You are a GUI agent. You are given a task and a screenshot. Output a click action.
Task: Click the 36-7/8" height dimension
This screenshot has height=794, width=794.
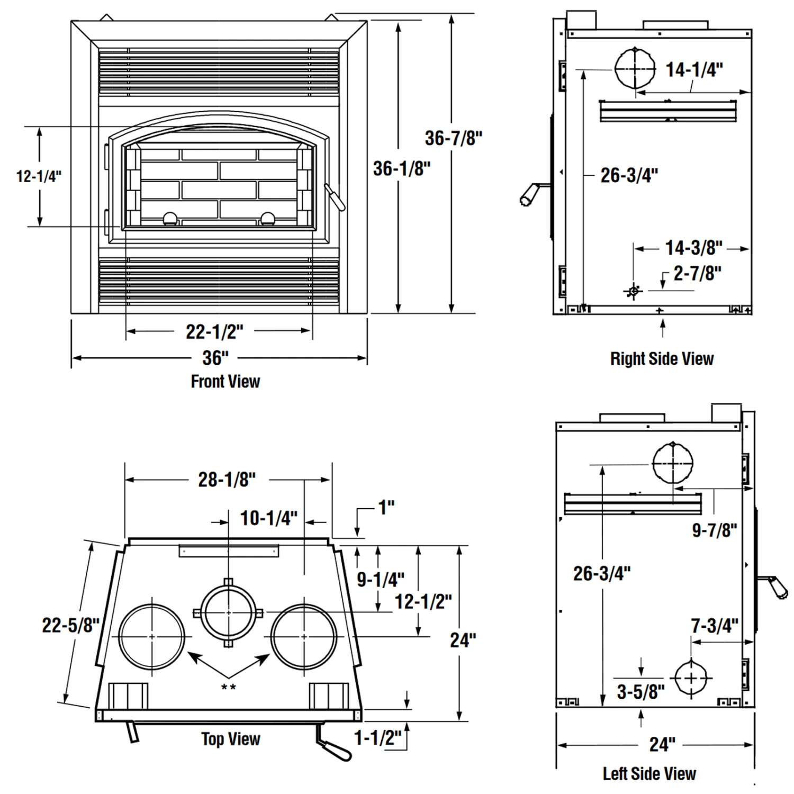tap(454, 138)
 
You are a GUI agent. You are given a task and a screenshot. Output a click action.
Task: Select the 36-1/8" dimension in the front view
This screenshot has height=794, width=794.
tap(402, 169)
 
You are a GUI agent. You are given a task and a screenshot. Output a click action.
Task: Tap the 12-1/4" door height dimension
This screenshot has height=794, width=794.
tap(39, 176)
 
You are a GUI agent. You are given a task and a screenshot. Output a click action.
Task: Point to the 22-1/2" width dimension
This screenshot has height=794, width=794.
tap(214, 332)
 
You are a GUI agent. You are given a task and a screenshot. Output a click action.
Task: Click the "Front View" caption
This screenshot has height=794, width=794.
tap(225, 381)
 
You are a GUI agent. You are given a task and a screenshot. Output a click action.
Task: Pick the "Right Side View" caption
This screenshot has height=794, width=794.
tap(662, 359)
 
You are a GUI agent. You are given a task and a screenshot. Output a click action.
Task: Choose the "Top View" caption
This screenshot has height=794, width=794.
tap(231, 739)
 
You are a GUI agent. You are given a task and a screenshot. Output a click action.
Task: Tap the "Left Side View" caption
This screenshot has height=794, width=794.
tap(649, 773)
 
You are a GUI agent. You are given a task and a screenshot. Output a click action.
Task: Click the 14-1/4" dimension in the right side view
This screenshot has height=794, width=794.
tap(694, 69)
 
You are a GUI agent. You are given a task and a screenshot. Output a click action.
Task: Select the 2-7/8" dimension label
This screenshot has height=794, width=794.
tap(697, 274)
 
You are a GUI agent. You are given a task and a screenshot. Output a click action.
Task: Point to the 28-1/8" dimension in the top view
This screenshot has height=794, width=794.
tap(227, 480)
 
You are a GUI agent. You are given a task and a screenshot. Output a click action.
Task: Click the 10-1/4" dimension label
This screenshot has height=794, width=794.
tap(269, 518)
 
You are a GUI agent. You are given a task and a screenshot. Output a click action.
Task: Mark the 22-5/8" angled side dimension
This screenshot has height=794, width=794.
tap(71, 625)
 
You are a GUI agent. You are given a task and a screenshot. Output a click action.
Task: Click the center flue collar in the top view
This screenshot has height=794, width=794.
tap(229, 612)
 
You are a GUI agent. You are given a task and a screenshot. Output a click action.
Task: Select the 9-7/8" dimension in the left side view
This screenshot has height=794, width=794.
tap(715, 530)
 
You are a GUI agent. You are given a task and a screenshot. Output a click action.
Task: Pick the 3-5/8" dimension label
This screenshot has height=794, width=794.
tap(640, 691)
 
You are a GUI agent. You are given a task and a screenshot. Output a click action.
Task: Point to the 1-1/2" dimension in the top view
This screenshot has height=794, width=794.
tap(377, 737)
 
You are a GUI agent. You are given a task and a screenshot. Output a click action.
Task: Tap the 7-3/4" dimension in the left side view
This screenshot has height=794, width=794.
tap(714, 626)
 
